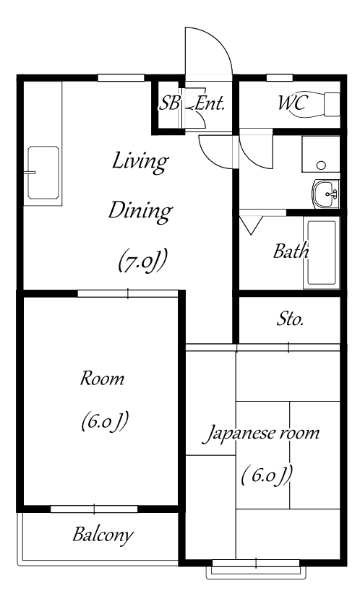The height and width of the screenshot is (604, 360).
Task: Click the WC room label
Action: pos(293,103)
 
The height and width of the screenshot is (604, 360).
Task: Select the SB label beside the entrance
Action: pos(169,103)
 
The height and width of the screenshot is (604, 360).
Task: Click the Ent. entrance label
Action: pos(210,103)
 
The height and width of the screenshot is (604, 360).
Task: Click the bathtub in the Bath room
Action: pos(322,252)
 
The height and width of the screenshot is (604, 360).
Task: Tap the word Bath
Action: pos(291,251)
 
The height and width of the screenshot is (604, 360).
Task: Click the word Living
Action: pos(140,162)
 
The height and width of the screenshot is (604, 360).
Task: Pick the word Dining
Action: pos(140,211)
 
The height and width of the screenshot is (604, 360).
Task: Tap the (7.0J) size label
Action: pos(142,261)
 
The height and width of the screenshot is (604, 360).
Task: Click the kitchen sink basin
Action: pos(43,172)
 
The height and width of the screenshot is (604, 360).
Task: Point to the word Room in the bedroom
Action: pos(102,379)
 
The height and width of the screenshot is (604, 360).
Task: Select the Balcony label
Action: pos(103,535)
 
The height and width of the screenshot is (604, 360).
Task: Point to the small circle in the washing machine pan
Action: pos(321,165)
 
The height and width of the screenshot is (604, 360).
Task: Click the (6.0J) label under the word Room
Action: pos(104,421)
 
